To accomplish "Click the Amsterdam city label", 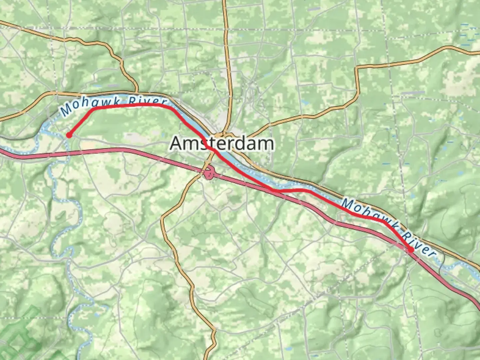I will [x=222, y=143].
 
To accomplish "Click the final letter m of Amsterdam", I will [x=267, y=144].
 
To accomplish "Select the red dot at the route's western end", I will [x=69, y=135].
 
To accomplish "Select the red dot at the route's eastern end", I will [x=411, y=250].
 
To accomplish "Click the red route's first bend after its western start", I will [x=93, y=109].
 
